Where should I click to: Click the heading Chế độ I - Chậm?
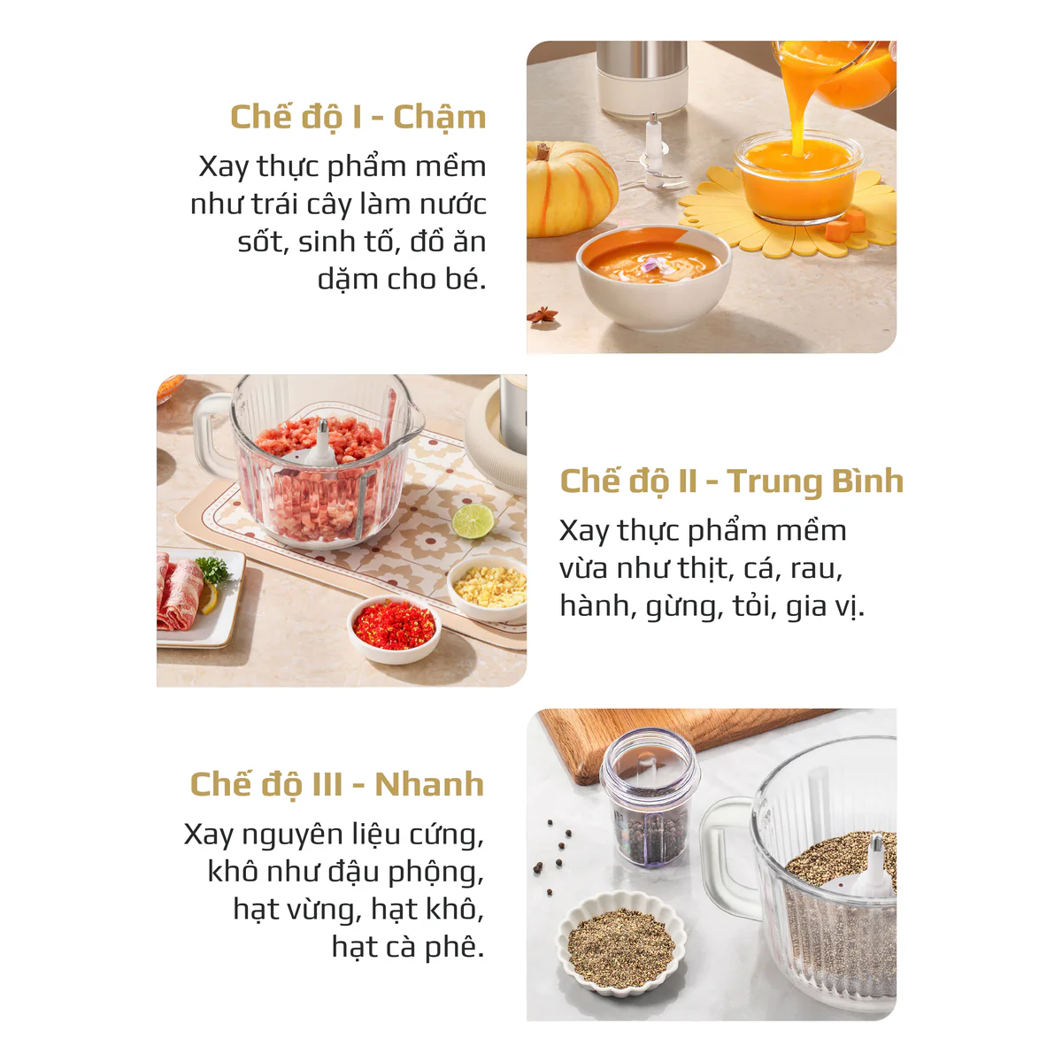click(x=358, y=118)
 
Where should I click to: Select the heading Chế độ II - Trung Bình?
click(x=731, y=482)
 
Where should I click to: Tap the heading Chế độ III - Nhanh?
click(x=336, y=784)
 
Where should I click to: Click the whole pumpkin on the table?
click(x=571, y=189)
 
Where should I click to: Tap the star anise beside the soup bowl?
click(x=543, y=315)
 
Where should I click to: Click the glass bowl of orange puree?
click(x=798, y=178)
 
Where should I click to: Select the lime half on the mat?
click(x=473, y=521)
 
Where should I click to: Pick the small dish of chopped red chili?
click(x=394, y=629)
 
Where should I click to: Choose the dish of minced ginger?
click(x=489, y=588)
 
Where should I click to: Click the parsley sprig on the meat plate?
click(x=212, y=569)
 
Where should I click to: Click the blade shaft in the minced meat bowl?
click(x=322, y=445)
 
